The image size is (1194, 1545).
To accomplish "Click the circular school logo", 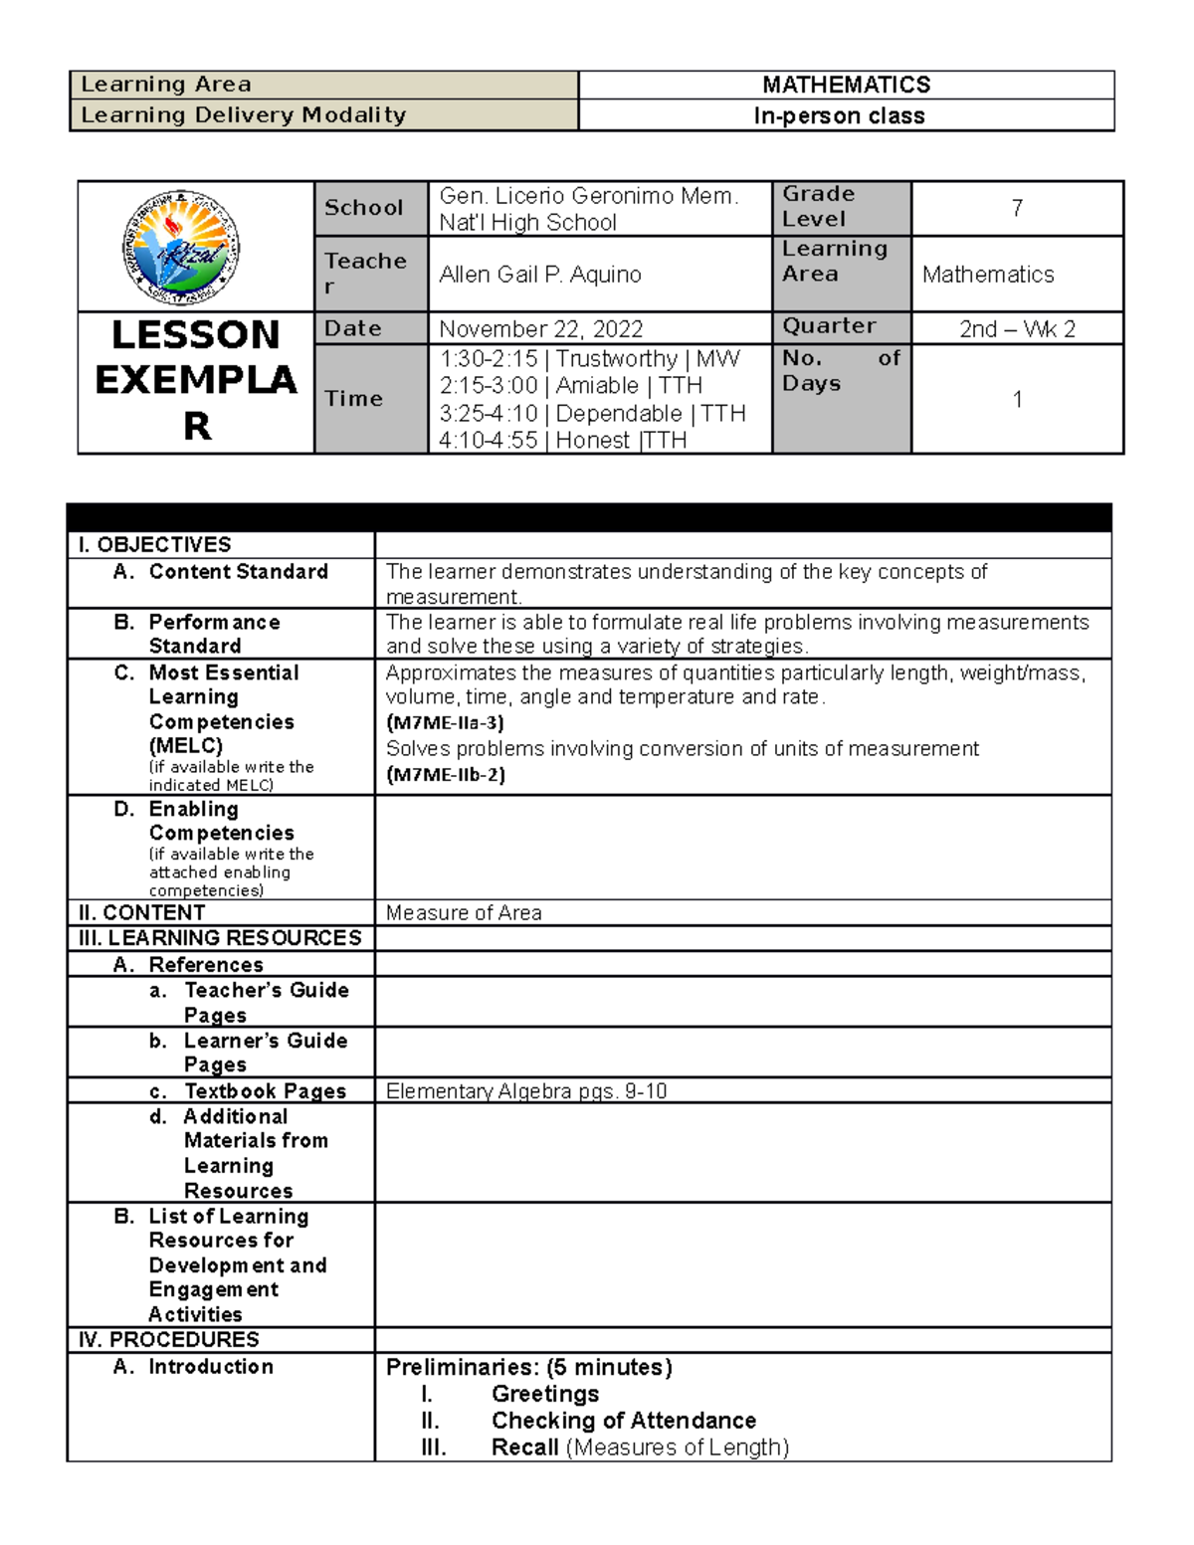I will tap(181, 247).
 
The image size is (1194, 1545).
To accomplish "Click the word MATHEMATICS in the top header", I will tap(846, 85).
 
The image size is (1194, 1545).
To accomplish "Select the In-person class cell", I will tap(839, 115).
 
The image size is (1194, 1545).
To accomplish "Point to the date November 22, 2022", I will tap(540, 328).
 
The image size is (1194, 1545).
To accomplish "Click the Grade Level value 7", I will tap(1017, 208).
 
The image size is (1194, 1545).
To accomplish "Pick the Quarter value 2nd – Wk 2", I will tap(1017, 328).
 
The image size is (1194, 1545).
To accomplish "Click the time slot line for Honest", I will tap(563, 440).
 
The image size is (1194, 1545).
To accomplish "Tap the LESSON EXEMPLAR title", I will tap(196, 380).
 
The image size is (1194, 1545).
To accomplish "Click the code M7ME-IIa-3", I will tap(445, 723).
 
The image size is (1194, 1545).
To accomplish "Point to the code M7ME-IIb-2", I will tap(445, 775).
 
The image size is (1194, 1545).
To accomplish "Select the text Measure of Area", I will tap(464, 913).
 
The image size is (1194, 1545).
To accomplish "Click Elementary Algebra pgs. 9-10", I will tap(525, 1091).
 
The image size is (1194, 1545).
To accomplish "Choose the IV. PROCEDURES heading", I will tap(168, 1339).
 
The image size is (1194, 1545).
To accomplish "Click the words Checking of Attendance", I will tap(623, 1421).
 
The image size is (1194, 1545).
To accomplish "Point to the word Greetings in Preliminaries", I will tap(545, 1394).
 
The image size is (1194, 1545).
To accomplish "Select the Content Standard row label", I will tap(238, 572).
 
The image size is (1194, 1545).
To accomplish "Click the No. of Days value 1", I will tap(1017, 399).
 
